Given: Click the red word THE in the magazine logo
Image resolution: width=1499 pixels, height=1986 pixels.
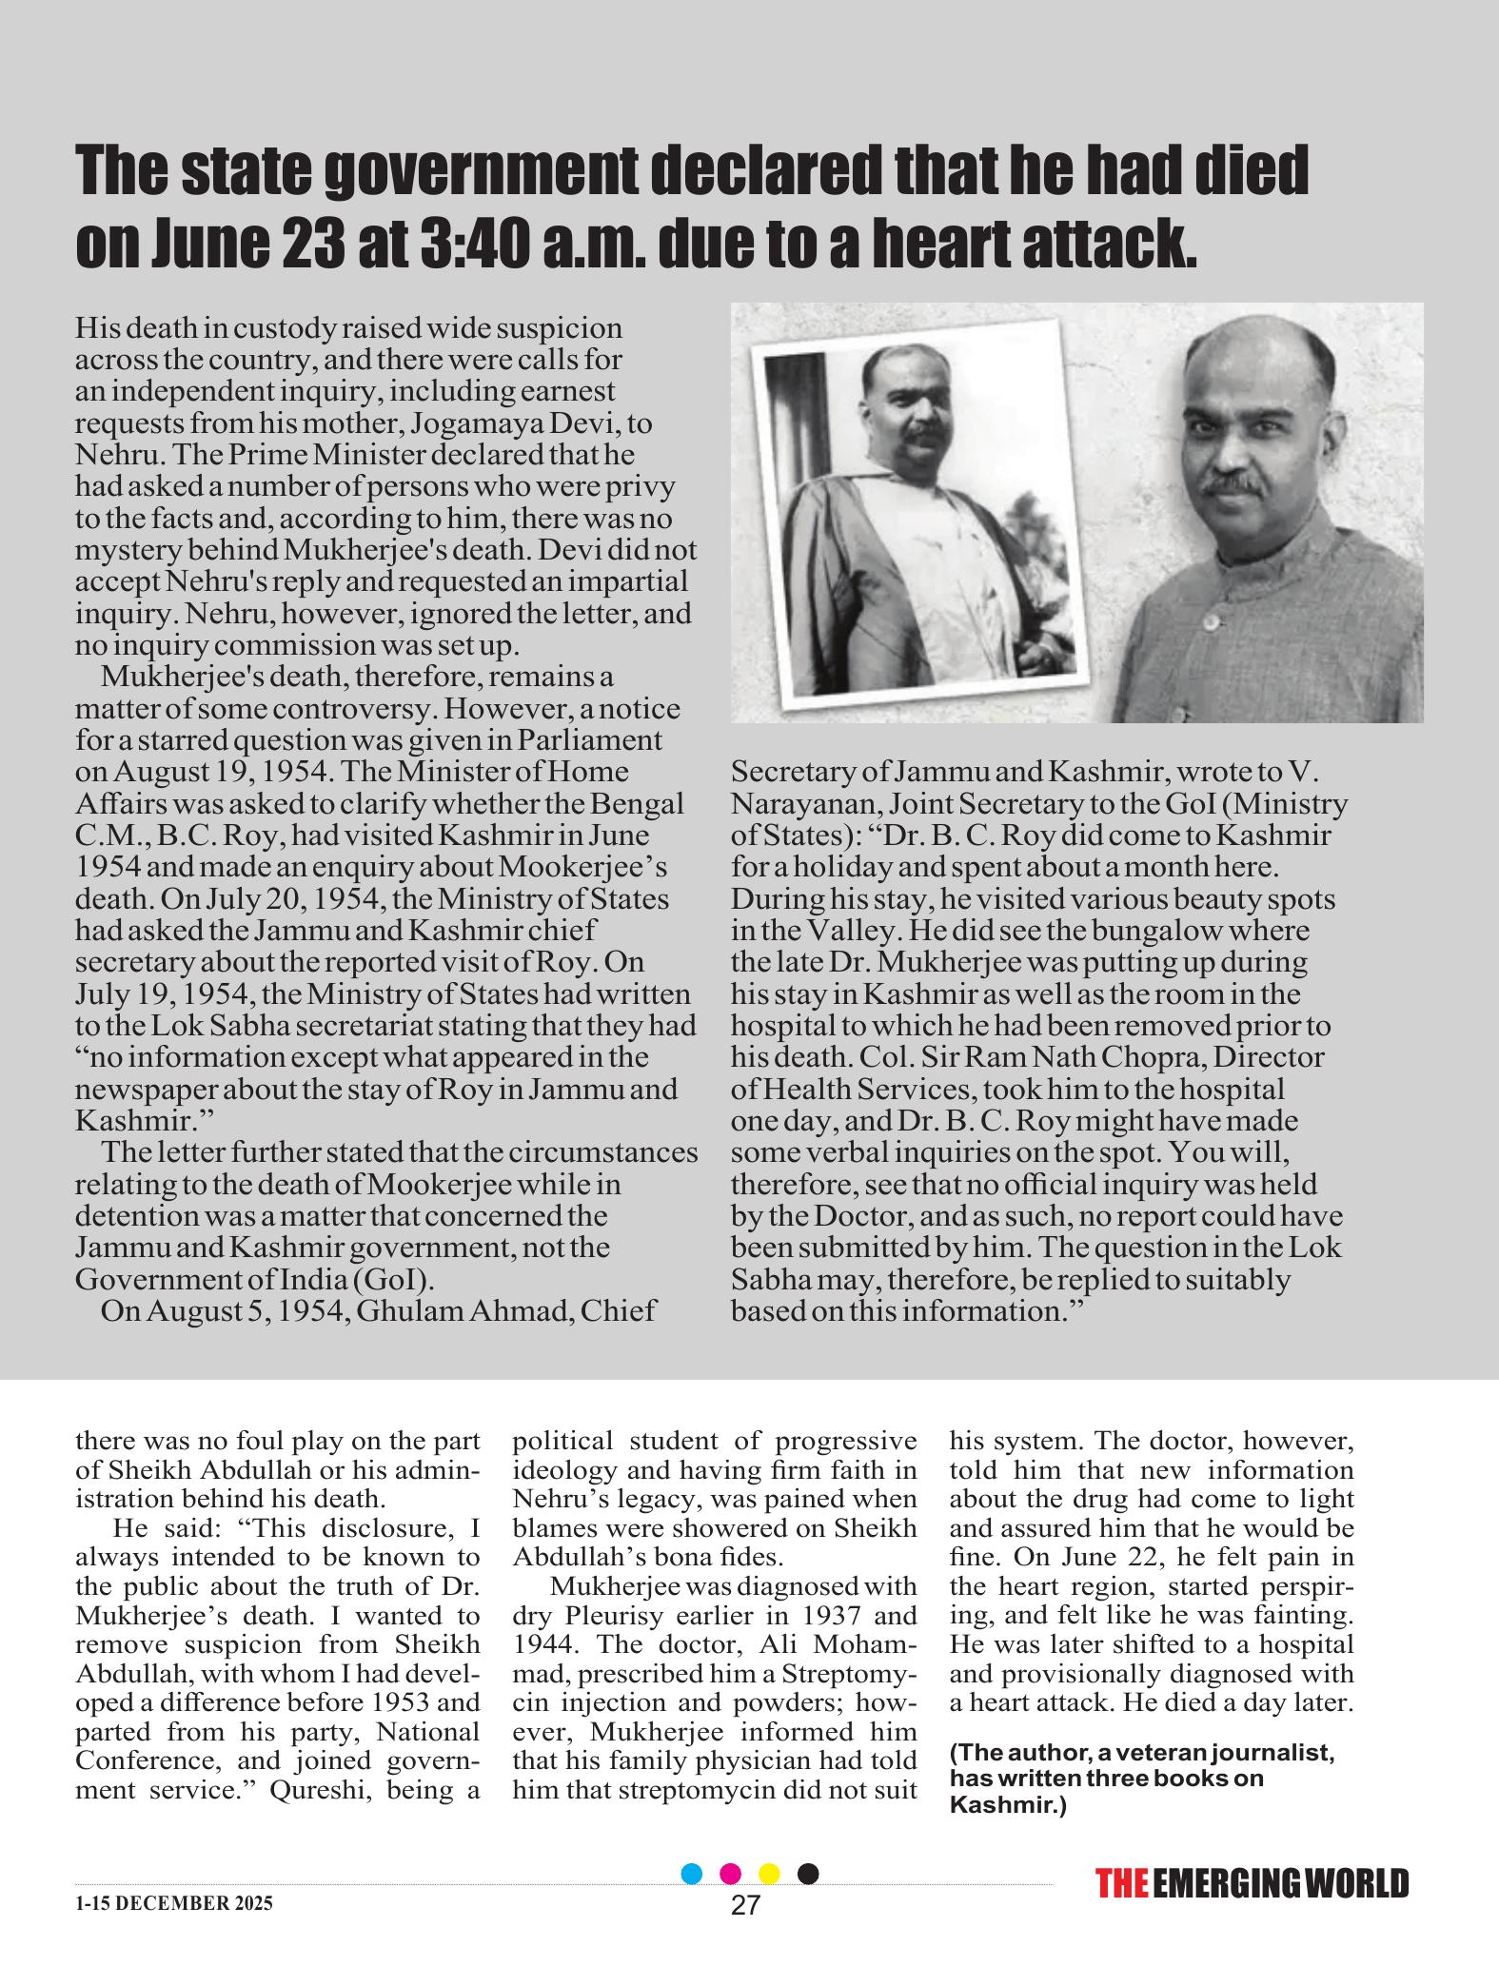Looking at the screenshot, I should click(x=1121, y=1884).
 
